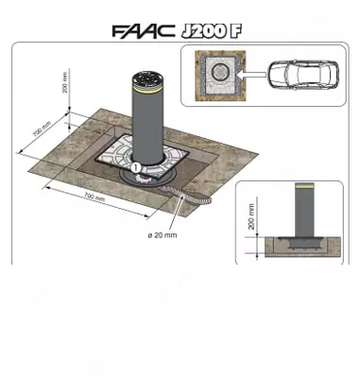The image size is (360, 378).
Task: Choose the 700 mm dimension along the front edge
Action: pyautogui.click(x=93, y=197)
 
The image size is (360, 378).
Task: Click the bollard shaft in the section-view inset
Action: pyautogui.click(x=303, y=213)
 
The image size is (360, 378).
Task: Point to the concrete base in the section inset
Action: pyautogui.click(x=303, y=249)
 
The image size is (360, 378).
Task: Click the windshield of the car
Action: pyautogui.click(x=283, y=74)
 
